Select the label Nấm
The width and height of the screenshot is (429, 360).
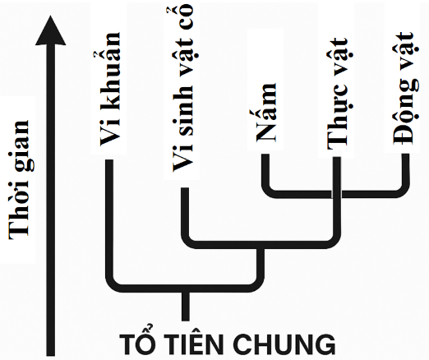265,113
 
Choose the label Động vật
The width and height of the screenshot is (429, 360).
403,88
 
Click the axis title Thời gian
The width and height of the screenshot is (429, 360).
20,180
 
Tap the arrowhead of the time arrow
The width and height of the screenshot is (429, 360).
50,30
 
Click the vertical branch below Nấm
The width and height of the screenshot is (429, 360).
265,170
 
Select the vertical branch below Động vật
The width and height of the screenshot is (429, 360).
406,170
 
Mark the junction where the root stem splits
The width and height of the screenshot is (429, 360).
186,288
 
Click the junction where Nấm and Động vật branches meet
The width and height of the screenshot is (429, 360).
337,194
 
